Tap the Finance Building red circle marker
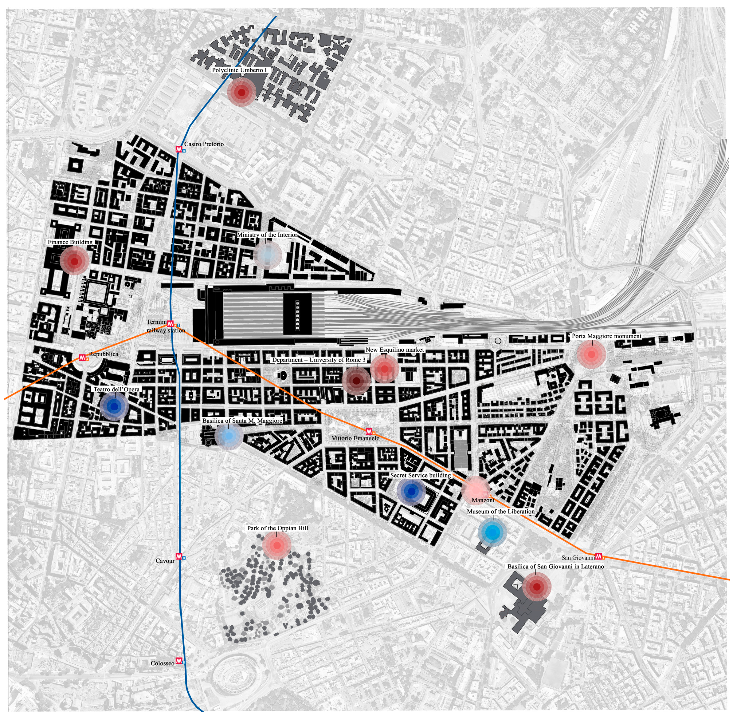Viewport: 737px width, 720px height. (74, 261)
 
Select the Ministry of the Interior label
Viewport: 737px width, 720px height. (267, 235)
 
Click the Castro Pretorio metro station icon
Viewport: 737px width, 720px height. (179, 149)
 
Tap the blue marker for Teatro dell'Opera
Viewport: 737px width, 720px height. (115, 406)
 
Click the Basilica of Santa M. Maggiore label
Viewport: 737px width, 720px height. (242, 421)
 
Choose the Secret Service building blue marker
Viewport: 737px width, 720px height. (411, 491)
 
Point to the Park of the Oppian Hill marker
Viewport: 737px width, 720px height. (277, 546)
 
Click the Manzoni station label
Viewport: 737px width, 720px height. (483, 500)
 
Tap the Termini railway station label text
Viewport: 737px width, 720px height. (165, 326)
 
